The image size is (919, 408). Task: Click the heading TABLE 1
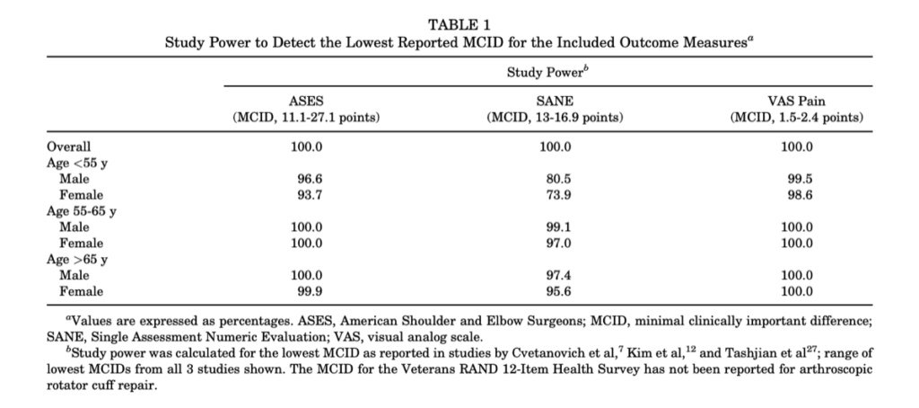tap(459, 25)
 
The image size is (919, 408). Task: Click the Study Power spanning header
tap(547, 72)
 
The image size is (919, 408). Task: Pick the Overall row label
tap(69, 146)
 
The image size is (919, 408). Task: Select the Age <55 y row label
tap(77, 163)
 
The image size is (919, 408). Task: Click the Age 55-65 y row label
tap(82, 211)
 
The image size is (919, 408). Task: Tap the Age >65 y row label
tap(77, 260)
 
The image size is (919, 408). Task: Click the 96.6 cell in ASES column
tap(310, 179)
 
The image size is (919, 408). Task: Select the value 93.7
tap(310, 195)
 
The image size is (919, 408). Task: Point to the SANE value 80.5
tap(558, 179)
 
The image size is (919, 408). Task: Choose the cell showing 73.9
tap(558, 195)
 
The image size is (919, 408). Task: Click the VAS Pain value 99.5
tap(800, 179)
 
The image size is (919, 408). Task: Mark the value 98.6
tap(800, 195)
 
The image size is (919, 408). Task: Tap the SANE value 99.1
tap(558, 227)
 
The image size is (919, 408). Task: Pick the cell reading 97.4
tap(558, 275)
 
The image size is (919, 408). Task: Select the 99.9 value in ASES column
tap(310, 292)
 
